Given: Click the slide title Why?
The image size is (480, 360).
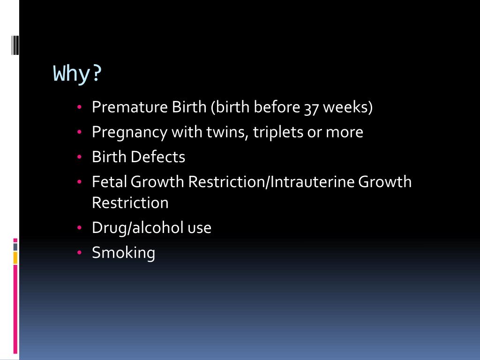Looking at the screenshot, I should tap(77, 74).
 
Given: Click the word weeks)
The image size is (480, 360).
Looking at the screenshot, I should tap(348, 107).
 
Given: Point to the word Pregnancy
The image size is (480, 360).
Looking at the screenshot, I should tap(129, 133).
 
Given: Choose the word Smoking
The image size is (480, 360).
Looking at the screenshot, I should tap(123, 253).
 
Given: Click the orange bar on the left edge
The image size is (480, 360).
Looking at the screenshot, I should tap(15, 258).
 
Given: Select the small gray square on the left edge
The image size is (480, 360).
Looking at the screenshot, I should tap(15, 247).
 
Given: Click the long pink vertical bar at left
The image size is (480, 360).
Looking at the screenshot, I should tap(15, 309).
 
